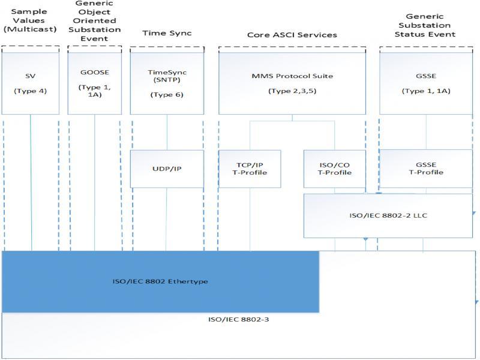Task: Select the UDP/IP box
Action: click(x=167, y=169)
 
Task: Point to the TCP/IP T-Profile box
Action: click(x=250, y=169)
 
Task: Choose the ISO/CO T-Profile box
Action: click(x=335, y=169)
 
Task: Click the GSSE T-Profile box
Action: click(x=426, y=169)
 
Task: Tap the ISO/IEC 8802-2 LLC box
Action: click(x=388, y=215)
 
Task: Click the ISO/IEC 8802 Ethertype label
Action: click(x=161, y=281)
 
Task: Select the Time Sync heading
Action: click(x=167, y=34)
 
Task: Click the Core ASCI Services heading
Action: click(x=292, y=35)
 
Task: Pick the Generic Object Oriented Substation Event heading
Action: click(x=95, y=20)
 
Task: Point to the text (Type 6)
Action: click(x=167, y=95)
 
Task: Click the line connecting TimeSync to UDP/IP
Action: click(x=167, y=132)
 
